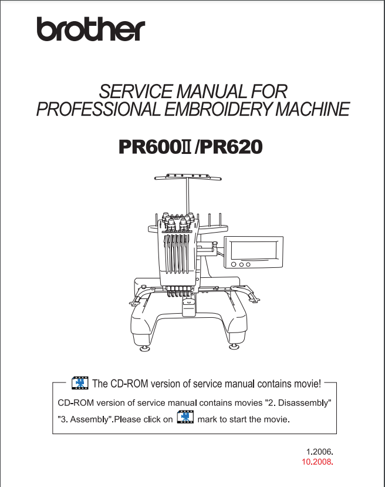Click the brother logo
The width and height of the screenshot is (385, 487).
(x=91, y=29)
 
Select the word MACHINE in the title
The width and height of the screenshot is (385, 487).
(x=312, y=109)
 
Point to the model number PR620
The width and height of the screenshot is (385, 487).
(x=231, y=147)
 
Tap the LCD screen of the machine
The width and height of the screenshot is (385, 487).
(x=254, y=250)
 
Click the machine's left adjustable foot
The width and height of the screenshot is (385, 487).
(x=144, y=348)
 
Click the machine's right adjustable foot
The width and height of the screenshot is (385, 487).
(x=234, y=347)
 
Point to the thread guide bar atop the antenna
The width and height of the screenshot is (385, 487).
(x=188, y=177)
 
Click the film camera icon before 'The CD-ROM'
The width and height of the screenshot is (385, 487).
(x=80, y=383)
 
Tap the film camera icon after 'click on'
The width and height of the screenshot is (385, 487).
(x=185, y=417)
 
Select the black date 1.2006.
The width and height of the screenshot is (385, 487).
(x=319, y=451)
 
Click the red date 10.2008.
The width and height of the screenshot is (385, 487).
(x=318, y=462)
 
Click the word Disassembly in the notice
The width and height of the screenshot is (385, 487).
(x=302, y=403)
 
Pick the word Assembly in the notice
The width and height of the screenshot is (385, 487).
(x=89, y=419)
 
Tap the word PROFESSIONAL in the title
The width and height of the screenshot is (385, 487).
(x=99, y=109)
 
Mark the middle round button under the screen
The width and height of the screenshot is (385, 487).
(x=241, y=264)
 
